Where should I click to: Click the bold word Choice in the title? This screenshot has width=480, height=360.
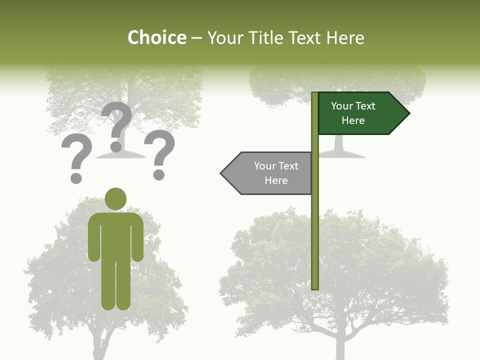click(x=156, y=38)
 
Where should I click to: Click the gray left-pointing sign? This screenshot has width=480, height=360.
click(x=267, y=173)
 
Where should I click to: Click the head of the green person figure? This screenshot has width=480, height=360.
click(x=115, y=198)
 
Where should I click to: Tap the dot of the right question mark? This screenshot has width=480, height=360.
click(x=159, y=174)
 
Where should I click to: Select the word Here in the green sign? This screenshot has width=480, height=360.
click(x=353, y=120)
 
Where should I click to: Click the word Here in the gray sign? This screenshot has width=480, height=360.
click(x=276, y=180)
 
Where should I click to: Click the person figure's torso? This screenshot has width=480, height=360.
click(x=115, y=235)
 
